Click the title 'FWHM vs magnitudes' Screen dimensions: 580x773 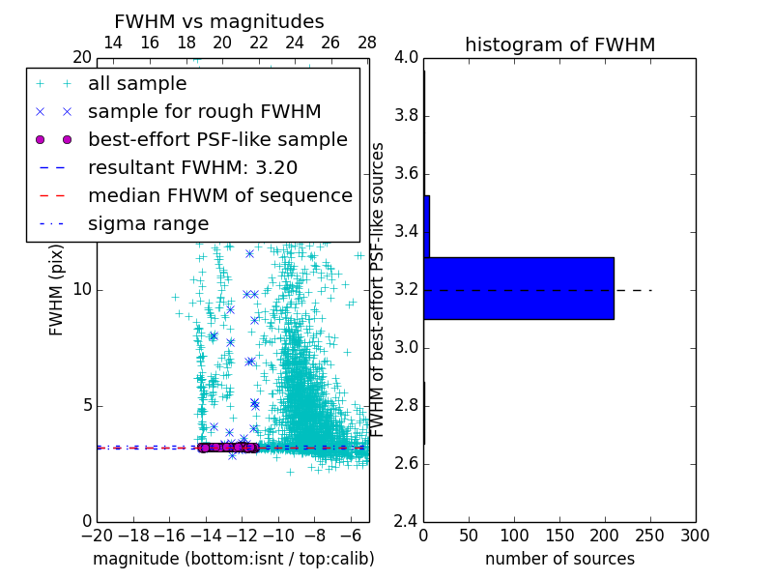(219, 21)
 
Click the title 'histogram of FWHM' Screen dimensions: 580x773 (559, 44)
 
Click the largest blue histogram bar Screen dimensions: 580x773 (519, 288)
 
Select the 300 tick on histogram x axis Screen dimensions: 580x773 (695, 535)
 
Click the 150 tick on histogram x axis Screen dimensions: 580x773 (559, 535)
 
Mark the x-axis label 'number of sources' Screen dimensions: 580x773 (559, 559)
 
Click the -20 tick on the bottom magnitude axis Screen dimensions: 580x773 (97, 535)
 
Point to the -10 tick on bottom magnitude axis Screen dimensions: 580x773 (278, 535)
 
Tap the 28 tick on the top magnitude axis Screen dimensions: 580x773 (367, 43)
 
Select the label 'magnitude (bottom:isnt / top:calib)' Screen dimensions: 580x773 (233, 559)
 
